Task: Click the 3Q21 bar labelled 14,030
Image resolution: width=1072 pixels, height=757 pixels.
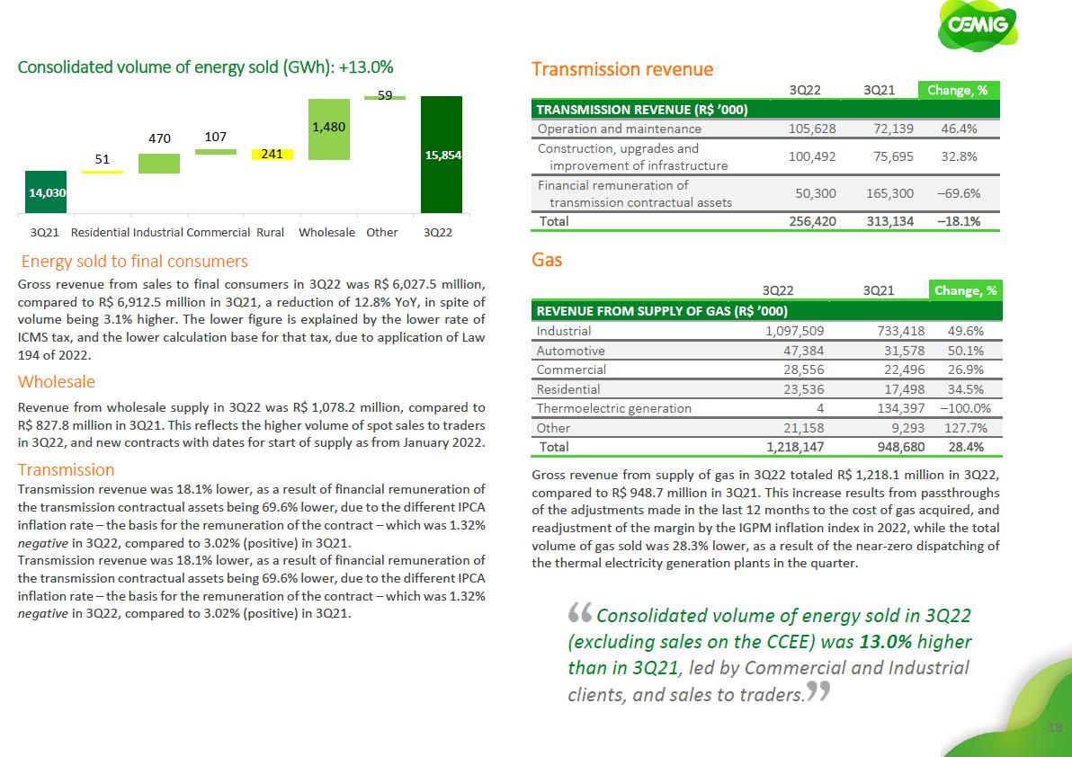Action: (x=45, y=191)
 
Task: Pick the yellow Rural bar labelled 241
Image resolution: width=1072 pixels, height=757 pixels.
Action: (x=272, y=154)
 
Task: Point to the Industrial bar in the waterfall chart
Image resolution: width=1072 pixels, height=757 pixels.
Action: (x=158, y=163)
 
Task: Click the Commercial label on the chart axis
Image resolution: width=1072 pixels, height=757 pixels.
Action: (x=218, y=232)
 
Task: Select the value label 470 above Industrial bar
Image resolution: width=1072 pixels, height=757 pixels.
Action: (x=158, y=139)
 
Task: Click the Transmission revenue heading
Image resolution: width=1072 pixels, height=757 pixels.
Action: (x=622, y=69)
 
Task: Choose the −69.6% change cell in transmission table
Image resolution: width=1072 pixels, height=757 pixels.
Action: (x=958, y=192)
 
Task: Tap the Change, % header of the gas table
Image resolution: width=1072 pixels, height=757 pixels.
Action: (x=965, y=290)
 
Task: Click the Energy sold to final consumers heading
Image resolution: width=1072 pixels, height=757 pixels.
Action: (x=134, y=262)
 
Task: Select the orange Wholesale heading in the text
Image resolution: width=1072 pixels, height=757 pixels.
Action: (x=57, y=382)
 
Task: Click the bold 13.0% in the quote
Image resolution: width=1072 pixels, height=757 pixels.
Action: (x=885, y=643)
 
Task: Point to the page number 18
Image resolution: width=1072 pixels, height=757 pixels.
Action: (x=1057, y=726)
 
